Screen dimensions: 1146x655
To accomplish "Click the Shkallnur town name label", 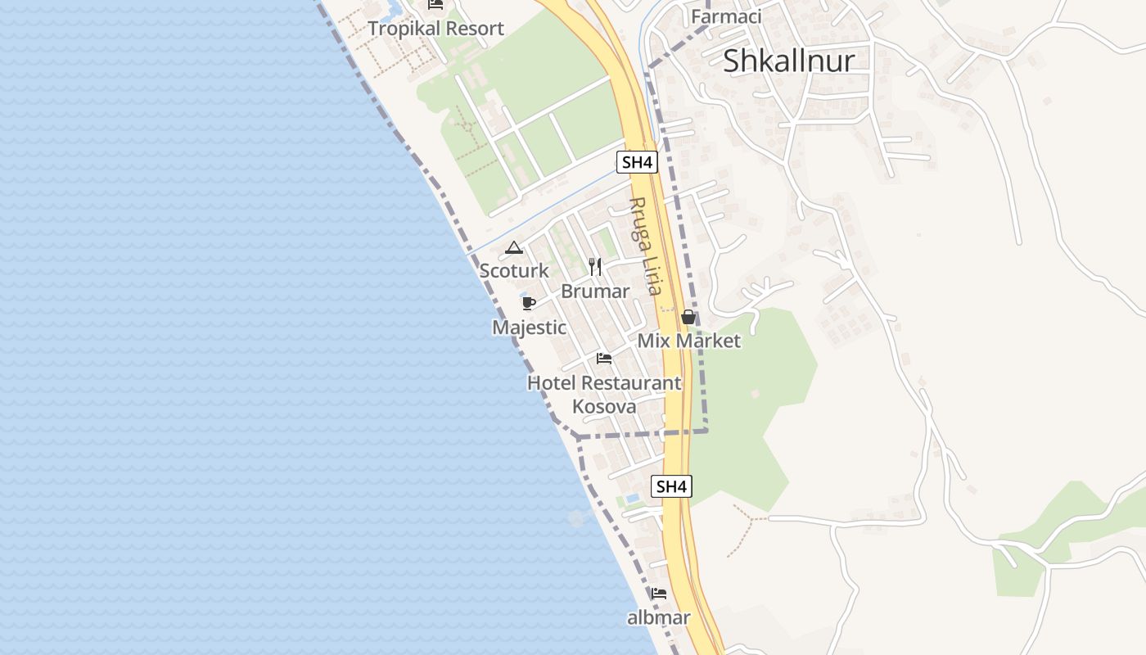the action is click(x=788, y=61).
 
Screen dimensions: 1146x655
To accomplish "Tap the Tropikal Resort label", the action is click(x=435, y=29).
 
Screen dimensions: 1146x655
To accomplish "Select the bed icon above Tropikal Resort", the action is click(x=435, y=4).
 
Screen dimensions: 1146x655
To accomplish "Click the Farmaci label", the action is click(x=726, y=16).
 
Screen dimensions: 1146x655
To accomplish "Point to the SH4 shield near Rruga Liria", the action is click(x=637, y=162).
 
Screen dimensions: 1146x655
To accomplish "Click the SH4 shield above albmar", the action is click(x=671, y=486).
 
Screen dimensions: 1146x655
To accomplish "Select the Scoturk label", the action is click(x=514, y=270).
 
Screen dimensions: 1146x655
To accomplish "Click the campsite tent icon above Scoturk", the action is click(x=513, y=247).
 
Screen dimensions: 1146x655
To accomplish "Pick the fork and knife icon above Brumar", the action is click(x=595, y=267).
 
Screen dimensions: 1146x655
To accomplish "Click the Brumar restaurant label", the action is click(x=595, y=291).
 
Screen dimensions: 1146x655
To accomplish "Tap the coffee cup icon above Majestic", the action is click(x=528, y=304).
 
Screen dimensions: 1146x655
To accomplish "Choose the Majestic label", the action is click(x=529, y=327).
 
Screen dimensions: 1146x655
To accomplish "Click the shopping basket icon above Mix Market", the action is click(x=688, y=317).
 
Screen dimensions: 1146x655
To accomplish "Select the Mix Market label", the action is click(x=688, y=341).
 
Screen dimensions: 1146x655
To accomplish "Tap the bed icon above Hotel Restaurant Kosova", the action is click(x=604, y=359).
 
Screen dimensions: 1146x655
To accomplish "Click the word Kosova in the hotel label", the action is click(x=604, y=406).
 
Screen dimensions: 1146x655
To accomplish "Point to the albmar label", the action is click(x=659, y=617).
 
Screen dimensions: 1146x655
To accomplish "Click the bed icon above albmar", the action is click(x=659, y=594).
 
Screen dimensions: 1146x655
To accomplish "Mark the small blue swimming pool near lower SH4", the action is click(x=632, y=498).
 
